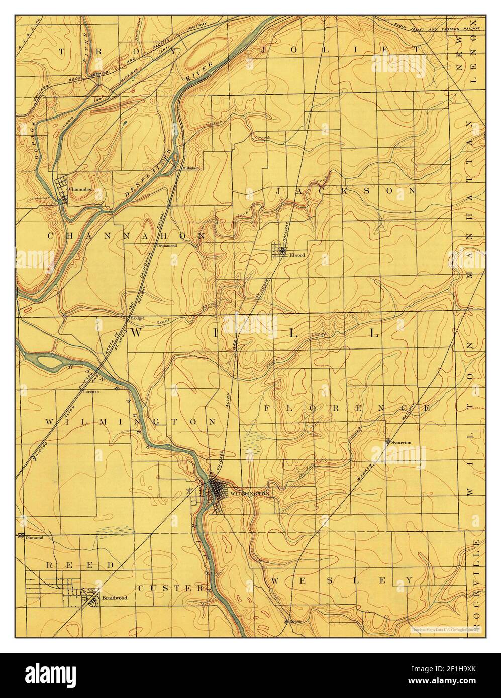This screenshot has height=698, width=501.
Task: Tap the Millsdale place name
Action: point(191,168)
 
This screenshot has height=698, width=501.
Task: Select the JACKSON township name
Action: point(346,191)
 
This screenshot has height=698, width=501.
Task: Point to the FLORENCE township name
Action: point(347,408)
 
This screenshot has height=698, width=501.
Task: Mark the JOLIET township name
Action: point(341,50)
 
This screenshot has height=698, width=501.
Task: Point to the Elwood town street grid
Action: point(279,250)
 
